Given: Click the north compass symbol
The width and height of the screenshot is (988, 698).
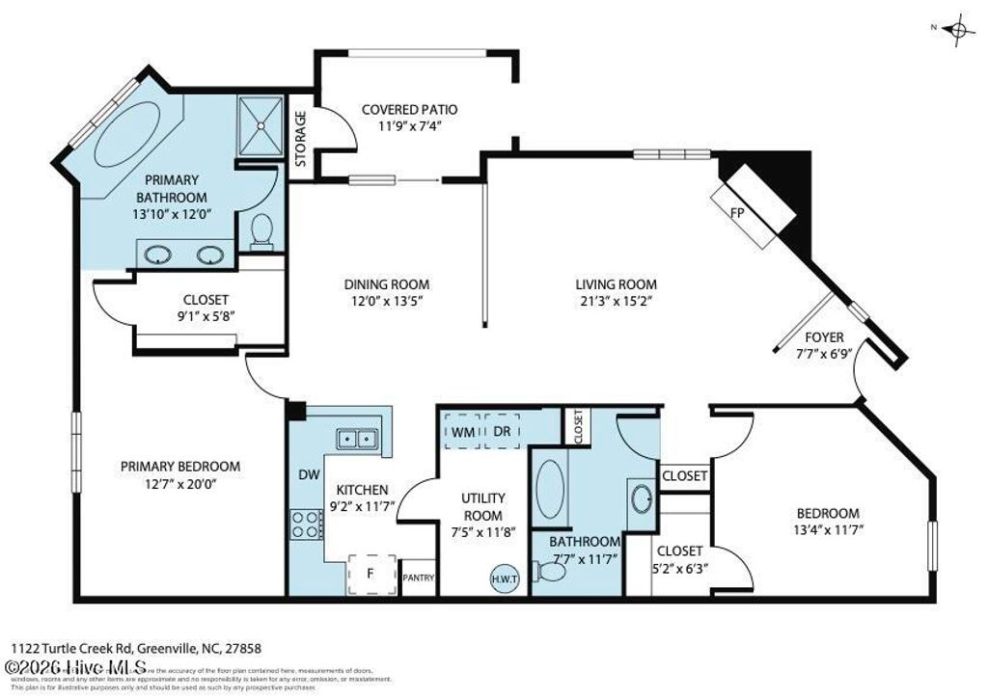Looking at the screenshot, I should (959, 31).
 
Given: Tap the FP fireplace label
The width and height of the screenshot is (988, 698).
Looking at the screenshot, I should (737, 213).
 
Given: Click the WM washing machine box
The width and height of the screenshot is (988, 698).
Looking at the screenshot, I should (462, 432).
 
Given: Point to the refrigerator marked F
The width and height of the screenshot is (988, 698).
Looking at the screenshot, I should (370, 573).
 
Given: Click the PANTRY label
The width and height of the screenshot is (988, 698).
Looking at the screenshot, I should (418, 578).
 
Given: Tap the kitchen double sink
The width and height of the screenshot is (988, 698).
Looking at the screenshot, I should (357, 439).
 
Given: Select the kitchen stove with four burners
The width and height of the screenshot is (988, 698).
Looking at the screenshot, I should (306, 523).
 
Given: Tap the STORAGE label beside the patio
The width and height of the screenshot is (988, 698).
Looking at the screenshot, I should (300, 139).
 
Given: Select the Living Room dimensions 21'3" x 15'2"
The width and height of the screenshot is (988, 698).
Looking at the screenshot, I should (616, 301).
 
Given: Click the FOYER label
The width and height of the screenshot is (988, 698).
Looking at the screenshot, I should (825, 337).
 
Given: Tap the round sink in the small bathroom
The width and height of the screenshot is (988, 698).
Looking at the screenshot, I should (642, 498).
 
